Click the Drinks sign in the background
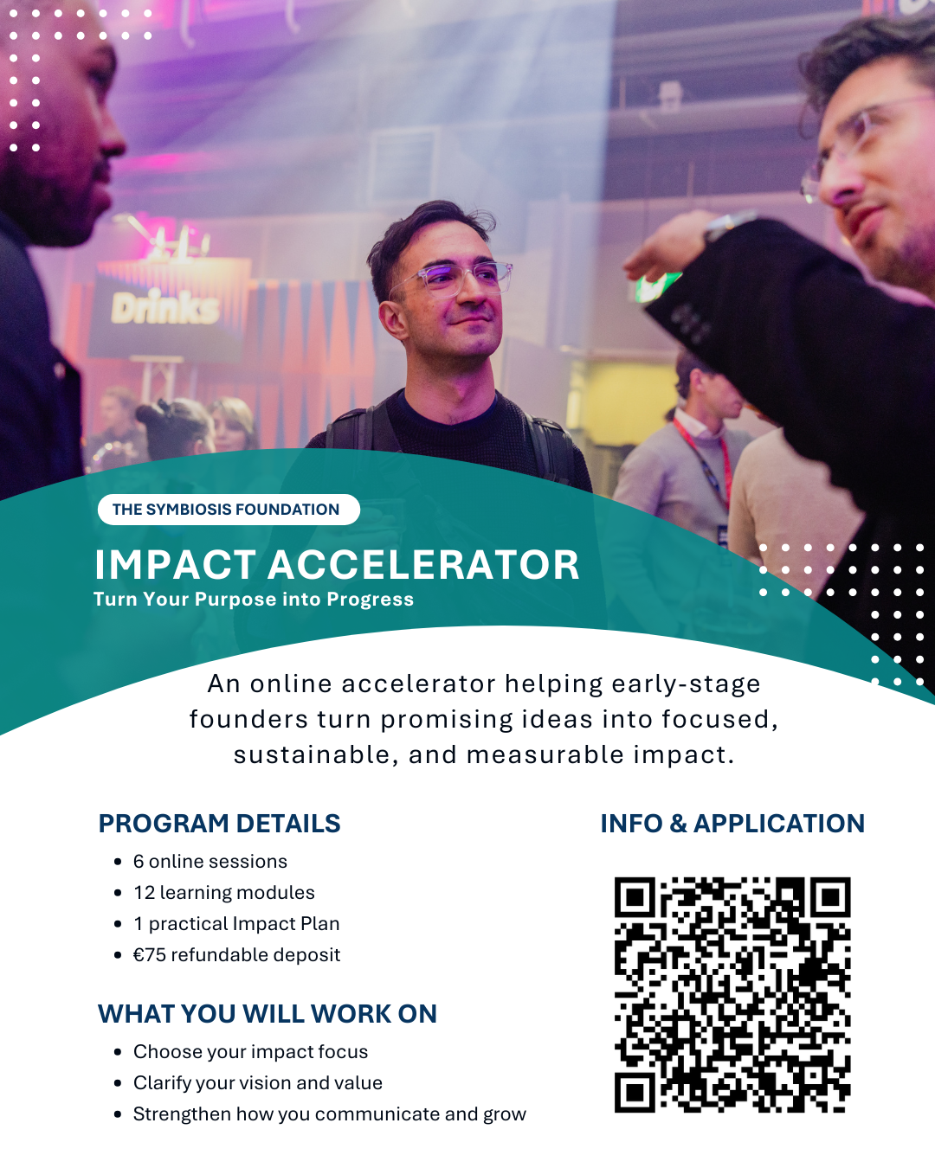[x=165, y=307]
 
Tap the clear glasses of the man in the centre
[x=451, y=279]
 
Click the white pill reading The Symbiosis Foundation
[x=229, y=509]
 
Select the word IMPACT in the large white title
[x=175, y=565]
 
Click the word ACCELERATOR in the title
[x=423, y=565]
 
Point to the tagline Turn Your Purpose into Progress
[x=254, y=600]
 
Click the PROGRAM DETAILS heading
[x=220, y=824]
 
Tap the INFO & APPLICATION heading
[x=732, y=824]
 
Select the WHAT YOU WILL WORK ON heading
[x=268, y=1014]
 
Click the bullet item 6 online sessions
[x=210, y=862]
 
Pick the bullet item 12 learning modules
[x=224, y=893]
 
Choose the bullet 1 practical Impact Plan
[x=236, y=924]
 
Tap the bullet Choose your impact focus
[x=250, y=1052]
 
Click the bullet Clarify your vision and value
[x=257, y=1083]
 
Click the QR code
[x=732, y=995]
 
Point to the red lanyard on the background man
[x=704, y=462]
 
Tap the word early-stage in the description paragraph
[x=687, y=684]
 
